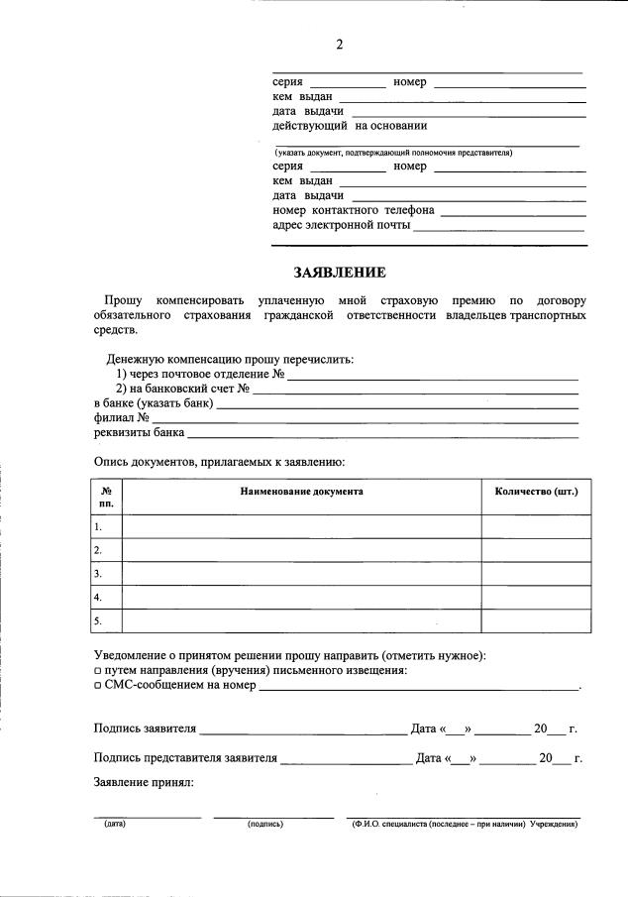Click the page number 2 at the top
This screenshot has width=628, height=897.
(x=339, y=45)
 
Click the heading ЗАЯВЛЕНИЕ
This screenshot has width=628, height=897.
(x=339, y=273)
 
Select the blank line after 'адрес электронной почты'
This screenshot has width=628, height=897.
(x=499, y=228)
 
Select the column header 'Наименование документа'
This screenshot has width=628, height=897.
(x=301, y=492)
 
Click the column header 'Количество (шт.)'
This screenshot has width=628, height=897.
(x=536, y=492)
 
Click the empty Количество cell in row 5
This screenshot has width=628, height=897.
(x=536, y=621)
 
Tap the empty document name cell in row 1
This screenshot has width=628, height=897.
(x=301, y=526)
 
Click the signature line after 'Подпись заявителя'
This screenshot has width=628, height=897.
(x=303, y=730)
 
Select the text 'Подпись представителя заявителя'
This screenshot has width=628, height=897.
(x=185, y=759)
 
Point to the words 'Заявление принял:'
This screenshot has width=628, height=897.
(x=144, y=783)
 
